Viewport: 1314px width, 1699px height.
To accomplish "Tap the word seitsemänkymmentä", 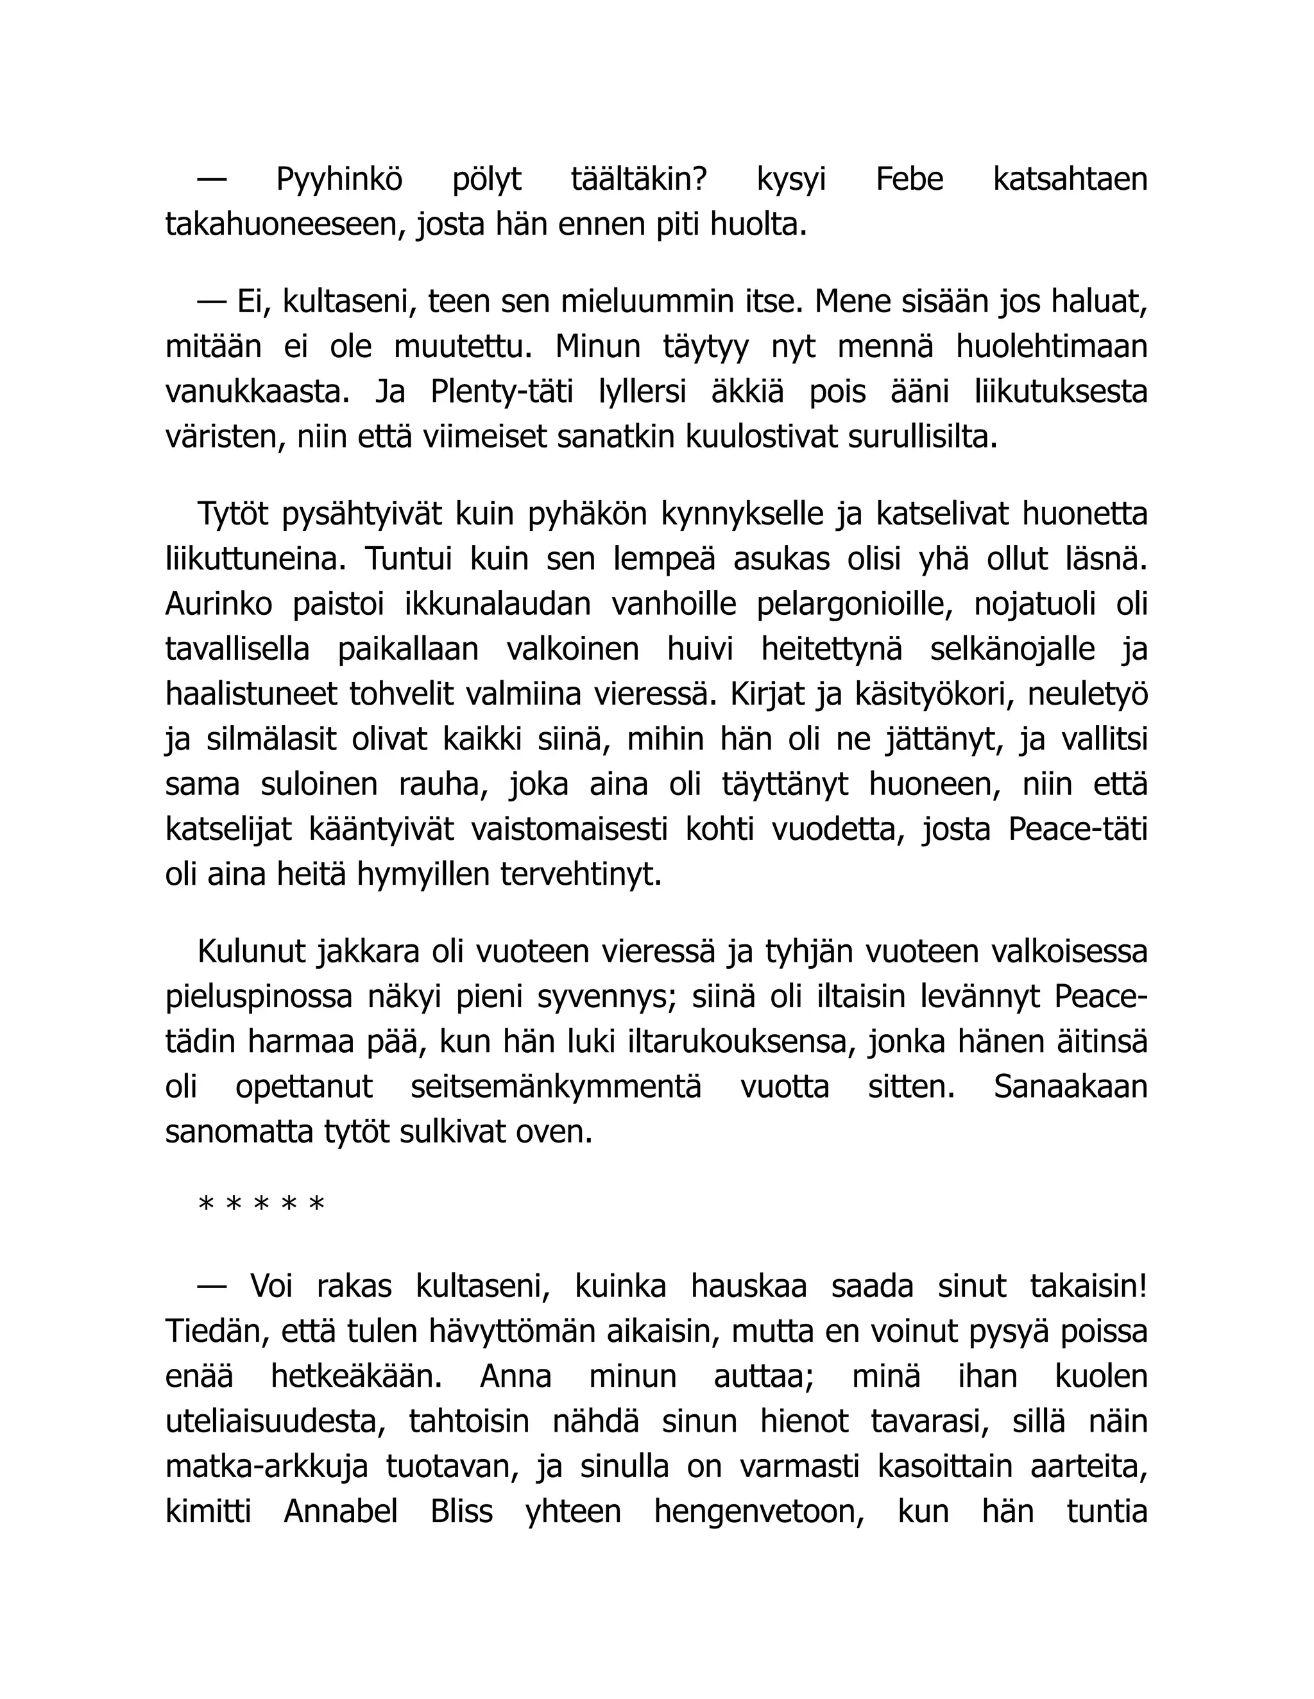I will [x=556, y=1087].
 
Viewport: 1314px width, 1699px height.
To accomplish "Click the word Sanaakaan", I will [x=1070, y=1087].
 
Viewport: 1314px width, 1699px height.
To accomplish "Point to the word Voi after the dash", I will [x=271, y=1287].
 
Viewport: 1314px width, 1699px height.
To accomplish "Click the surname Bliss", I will [x=461, y=1513].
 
